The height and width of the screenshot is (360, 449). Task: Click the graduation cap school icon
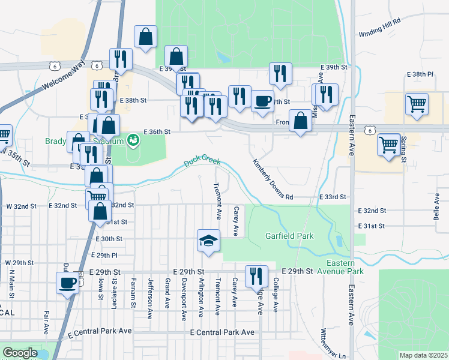coord(208,241)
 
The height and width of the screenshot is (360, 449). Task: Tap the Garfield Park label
coord(289,236)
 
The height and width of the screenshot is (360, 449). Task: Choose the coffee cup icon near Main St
coord(67,283)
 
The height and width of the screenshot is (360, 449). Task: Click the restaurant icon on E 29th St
coord(256,277)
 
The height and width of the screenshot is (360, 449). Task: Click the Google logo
coord(20,353)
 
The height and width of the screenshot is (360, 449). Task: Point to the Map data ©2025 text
coord(423,355)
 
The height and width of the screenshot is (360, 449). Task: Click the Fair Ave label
coord(46,322)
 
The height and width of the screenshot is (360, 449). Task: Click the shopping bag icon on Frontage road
coord(300,121)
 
